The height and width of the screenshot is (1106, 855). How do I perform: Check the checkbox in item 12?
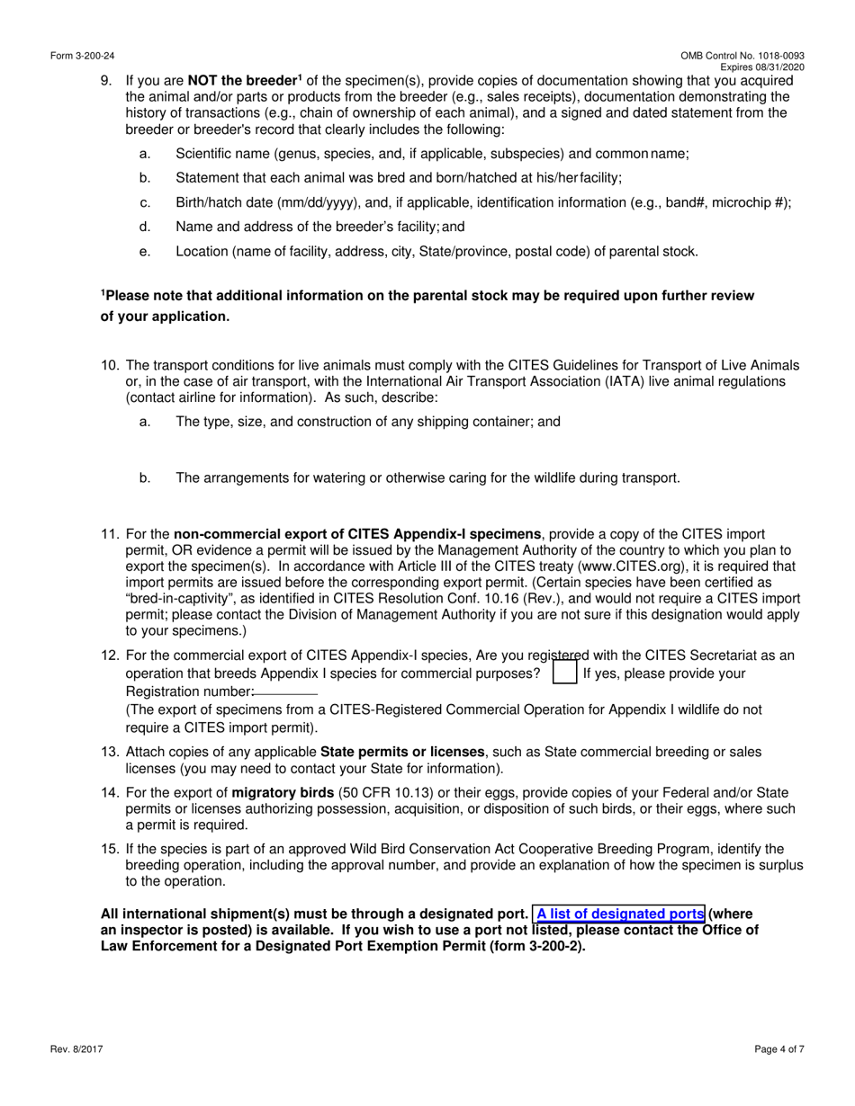pos(564,673)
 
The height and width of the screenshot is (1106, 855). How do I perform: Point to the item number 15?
pos(109,849)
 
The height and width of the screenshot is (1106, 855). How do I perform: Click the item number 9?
pos(106,81)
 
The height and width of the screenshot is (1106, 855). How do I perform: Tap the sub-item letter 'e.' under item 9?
pos(145,252)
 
